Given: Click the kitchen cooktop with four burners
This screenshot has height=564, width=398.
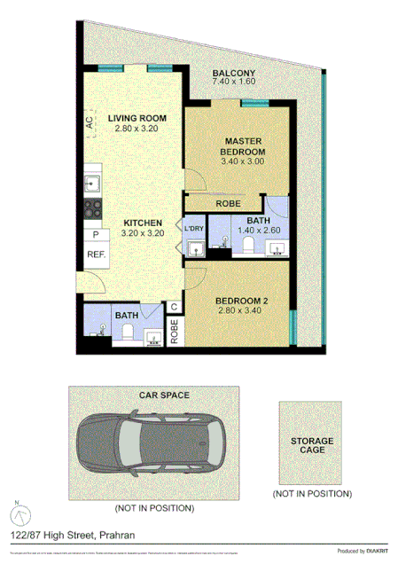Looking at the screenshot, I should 90,209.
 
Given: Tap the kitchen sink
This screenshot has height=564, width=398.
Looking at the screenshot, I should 90,184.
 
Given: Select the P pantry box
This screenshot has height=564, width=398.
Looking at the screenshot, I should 95,234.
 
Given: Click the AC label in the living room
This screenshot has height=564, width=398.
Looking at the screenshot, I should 90,123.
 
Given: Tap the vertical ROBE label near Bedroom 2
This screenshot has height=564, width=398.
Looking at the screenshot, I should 174,331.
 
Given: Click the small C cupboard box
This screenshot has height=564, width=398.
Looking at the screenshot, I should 174,308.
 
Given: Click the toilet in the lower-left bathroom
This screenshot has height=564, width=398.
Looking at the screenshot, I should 127,333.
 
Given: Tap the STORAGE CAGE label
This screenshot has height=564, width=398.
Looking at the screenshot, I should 312,445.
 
